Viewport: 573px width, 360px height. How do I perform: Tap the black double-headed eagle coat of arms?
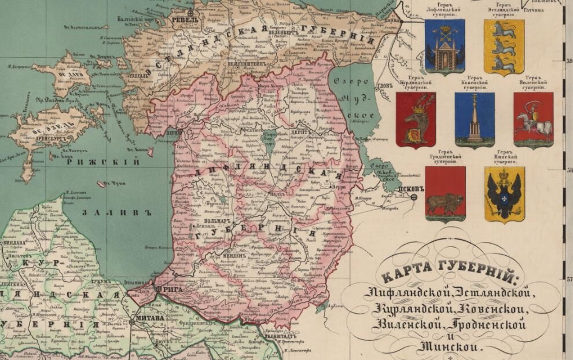(x=504, y=194)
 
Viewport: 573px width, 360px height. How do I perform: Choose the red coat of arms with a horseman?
(x=533, y=119)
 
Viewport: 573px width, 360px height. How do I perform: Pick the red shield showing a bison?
(x=445, y=194)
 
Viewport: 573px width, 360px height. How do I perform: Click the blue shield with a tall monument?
(x=475, y=119)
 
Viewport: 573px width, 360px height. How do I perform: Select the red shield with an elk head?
(x=416, y=119)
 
